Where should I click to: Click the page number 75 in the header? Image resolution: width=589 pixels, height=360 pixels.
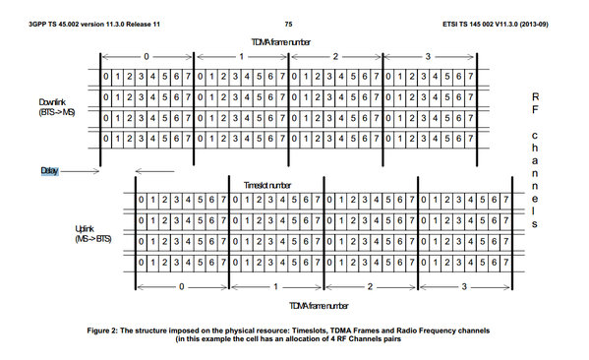pyautogui.click(x=288, y=24)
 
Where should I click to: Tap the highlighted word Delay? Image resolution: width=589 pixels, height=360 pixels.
pyautogui.click(x=49, y=171)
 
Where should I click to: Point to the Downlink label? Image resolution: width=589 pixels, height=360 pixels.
pyautogui.click(x=52, y=102)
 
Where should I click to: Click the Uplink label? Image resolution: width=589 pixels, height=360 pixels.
pyautogui.click(x=85, y=229)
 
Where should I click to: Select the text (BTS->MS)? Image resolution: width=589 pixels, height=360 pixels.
pyautogui.click(x=57, y=112)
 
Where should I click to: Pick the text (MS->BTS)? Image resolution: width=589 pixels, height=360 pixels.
pyautogui.click(x=93, y=239)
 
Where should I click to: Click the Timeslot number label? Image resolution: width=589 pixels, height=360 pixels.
pyautogui.click(x=267, y=185)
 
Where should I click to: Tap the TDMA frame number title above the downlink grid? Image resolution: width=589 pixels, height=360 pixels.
pyautogui.click(x=280, y=42)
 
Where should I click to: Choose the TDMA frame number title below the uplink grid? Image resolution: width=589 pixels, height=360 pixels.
pyautogui.click(x=319, y=306)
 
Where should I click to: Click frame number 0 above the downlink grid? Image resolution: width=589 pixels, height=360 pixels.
pyautogui.click(x=147, y=57)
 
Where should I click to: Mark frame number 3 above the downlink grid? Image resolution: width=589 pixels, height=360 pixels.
pyautogui.click(x=428, y=57)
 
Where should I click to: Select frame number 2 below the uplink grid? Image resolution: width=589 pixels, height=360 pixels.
pyautogui.click(x=370, y=287)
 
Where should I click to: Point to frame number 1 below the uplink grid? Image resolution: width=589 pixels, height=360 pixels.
pyautogui.click(x=275, y=287)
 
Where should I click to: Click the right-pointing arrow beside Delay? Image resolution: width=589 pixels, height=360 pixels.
pyautogui.click(x=80, y=171)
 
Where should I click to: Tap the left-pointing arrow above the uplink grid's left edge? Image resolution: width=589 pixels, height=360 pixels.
pyautogui.click(x=154, y=171)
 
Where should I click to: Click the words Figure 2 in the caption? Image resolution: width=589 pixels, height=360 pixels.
pyautogui.click(x=102, y=330)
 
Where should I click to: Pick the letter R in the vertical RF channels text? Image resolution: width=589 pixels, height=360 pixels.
pyautogui.click(x=535, y=97)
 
